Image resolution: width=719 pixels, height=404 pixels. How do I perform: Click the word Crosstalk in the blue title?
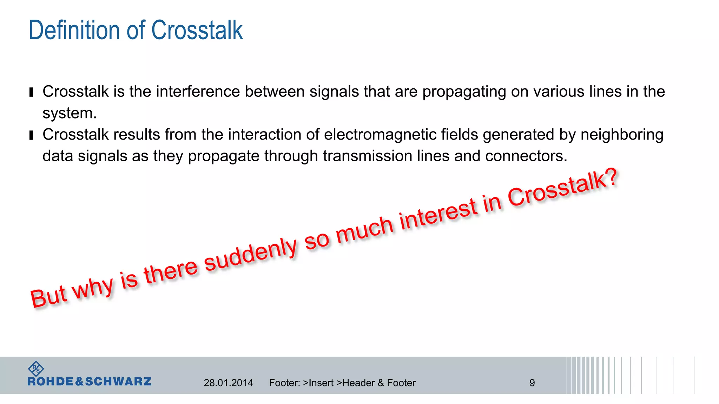(x=197, y=31)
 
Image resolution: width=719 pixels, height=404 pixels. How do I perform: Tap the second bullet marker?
(x=31, y=135)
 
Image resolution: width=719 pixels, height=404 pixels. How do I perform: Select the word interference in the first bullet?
(x=198, y=92)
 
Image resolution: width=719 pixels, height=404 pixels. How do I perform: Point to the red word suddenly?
(x=251, y=255)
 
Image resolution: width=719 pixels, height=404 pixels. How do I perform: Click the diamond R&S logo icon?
(x=36, y=369)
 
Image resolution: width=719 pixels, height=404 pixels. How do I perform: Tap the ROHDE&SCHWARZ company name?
(x=90, y=382)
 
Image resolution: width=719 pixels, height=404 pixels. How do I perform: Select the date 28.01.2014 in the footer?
(x=228, y=383)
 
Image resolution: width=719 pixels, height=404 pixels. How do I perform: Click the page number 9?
(x=532, y=383)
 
